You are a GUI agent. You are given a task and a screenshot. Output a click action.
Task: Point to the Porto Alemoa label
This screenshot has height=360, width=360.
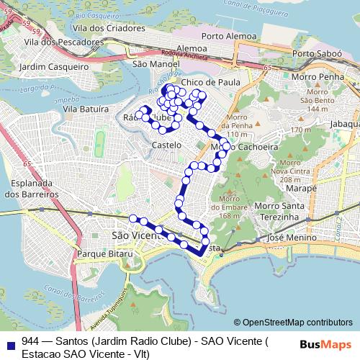click(230, 35)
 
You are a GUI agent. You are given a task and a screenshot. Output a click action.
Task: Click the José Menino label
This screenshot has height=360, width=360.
click(287, 237)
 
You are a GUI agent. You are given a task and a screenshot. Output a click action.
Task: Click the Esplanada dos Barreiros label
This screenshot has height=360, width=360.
click(30, 189)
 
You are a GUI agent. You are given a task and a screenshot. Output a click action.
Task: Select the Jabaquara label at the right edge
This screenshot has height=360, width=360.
click(346, 123)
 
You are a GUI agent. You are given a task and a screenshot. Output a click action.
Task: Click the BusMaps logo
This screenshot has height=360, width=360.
click(328, 343)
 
